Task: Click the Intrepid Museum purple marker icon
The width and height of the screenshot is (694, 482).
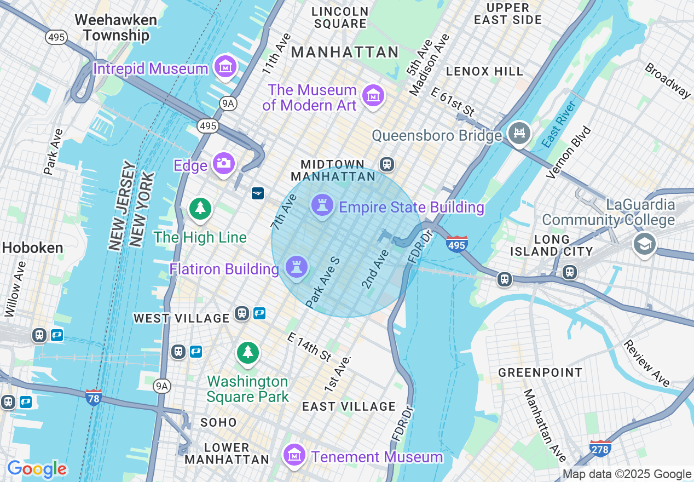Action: tap(225, 67)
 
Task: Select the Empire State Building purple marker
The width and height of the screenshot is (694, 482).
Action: tap(322, 206)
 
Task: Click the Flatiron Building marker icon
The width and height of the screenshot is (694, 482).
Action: tap(296, 268)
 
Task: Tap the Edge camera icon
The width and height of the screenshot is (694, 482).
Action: tap(223, 164)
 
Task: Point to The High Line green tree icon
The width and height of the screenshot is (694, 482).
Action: tap(200, 209)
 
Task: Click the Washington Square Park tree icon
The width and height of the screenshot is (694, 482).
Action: tap(248, 352)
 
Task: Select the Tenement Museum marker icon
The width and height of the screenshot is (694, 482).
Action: tap(294, 455)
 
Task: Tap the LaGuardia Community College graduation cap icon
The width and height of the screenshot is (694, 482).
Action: tap(644, 244)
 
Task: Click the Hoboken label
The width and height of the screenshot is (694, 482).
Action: tap(32, 248)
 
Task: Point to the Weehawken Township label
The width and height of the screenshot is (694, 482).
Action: tap(115, 27)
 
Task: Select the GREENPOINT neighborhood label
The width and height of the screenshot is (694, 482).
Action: tap(540, 373)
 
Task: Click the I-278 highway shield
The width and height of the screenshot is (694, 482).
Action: tap(600, 448)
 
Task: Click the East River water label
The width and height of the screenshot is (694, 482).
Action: tap(559, 125)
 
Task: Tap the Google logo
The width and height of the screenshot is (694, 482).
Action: tap(37, 469)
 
